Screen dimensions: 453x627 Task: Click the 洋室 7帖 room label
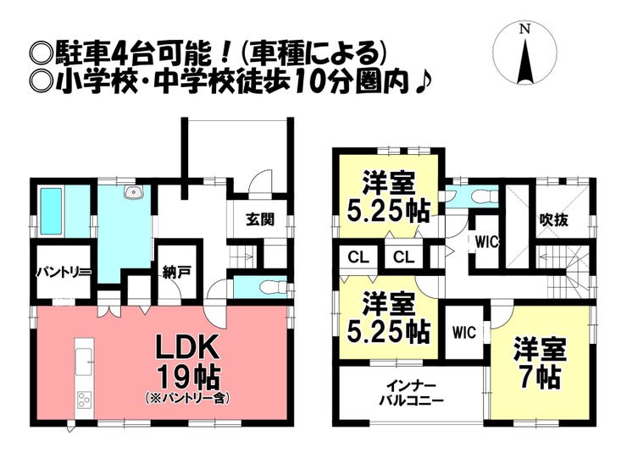point(538,362)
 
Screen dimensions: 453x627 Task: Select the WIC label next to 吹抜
point(487,241)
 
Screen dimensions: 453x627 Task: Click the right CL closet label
point(402,257)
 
